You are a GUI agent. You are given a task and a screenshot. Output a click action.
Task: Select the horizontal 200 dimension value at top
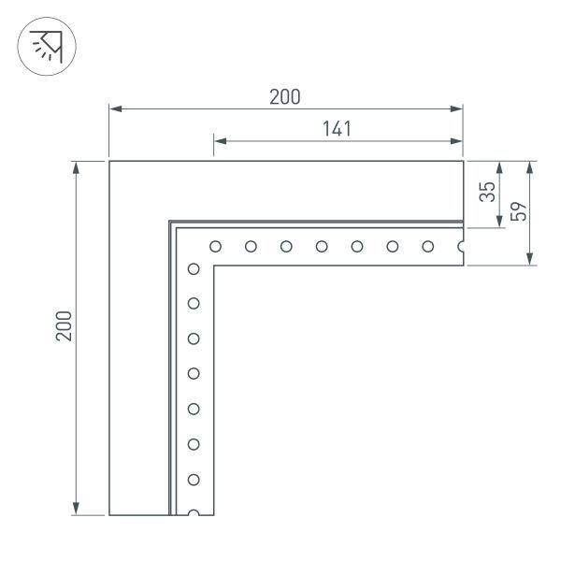coord(285,96)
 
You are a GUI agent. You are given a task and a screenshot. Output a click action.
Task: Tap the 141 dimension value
coord(337,129)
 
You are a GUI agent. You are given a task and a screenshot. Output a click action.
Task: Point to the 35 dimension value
coord(485,194)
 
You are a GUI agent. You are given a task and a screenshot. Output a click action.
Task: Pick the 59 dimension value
coord(519,212)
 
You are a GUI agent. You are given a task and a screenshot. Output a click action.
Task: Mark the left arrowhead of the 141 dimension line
coord(219,143)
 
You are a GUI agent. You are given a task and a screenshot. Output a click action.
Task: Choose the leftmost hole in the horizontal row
coord(215,247)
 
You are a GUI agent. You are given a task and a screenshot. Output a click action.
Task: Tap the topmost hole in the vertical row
coord(194,269)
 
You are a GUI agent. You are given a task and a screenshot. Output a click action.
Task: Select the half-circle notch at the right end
coord(462,247)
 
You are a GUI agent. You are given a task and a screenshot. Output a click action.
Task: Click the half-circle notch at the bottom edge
coord(194,513)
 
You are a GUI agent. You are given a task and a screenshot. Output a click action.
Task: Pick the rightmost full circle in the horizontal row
coord(427,247)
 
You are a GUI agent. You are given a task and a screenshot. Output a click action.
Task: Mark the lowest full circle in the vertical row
coord(194,480)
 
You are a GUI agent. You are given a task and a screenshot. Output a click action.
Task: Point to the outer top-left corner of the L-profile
coord(109,162)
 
